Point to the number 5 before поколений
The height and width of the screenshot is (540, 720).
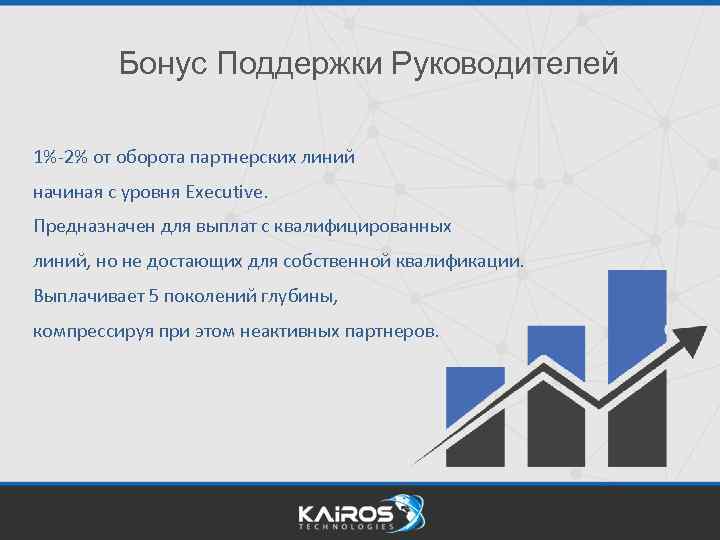pos(153,296)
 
